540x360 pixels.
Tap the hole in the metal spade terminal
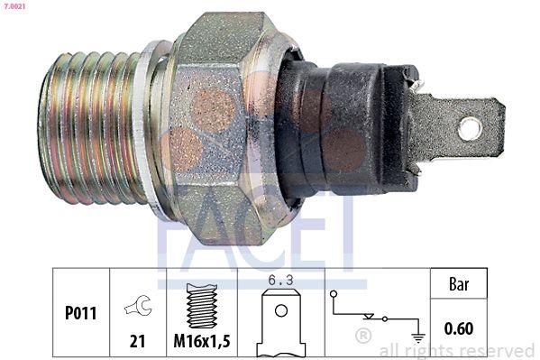pyautogui.click(x=469, y=128)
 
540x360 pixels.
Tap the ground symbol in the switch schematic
pyautogui.click(x=417, y=336)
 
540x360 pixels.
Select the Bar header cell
pyautogui.click(x=460, y=283)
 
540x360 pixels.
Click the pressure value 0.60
pyautogui.click(x=460, y=328)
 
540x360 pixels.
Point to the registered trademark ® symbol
pyautogui.click(x=362, y=337)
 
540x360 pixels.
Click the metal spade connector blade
pyautogui.click(x=460, y=126)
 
